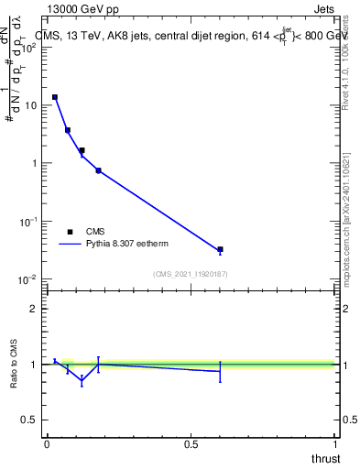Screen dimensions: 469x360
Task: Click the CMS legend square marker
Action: [70, 232]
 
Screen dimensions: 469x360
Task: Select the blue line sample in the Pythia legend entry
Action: [70, 245]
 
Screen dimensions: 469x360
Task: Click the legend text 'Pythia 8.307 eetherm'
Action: [128, 245]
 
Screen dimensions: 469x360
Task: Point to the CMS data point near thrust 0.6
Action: [220, 249]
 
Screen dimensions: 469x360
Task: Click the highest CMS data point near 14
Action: [55, 97]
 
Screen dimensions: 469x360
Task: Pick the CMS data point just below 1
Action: [98, 170]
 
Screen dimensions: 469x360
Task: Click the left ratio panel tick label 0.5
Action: [28, 420]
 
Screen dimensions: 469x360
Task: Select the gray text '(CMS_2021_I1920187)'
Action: [190, 274]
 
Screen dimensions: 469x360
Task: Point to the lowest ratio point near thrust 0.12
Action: [82, 380]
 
